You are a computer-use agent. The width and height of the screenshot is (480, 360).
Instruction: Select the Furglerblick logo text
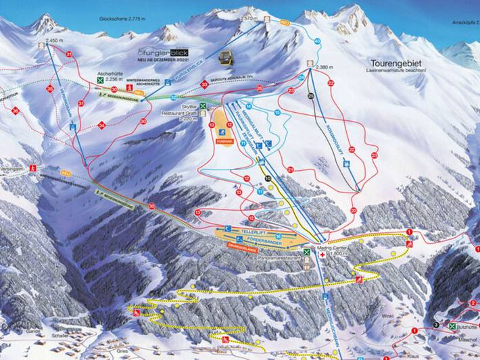tap(162, 51)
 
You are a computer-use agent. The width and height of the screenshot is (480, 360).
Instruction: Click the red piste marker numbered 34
tap(101, 125)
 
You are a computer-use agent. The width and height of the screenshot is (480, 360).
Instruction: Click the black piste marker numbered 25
tap(310, 96)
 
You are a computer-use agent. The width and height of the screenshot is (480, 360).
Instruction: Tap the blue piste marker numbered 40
tap(317, 41)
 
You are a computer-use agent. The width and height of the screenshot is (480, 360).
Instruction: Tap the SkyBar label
tap(189, 106)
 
